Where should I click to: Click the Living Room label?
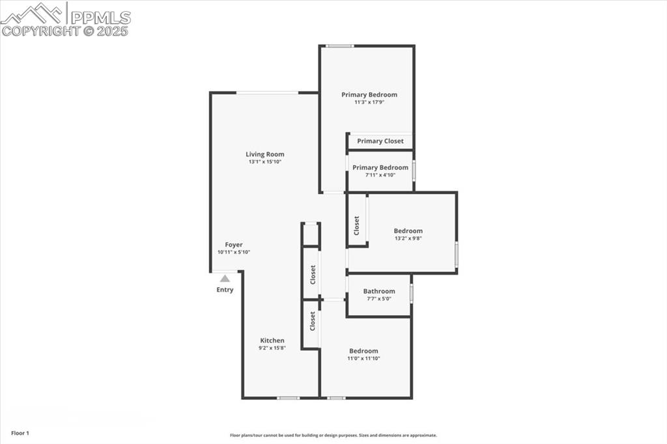point(265,154)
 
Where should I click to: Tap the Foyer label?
point(234,245)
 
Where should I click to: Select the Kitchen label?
point(272,340)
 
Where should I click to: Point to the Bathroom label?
point(379,291)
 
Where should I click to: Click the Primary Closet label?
point(380,141)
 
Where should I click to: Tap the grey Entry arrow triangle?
point(225,278)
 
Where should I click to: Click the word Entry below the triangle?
point(225,290)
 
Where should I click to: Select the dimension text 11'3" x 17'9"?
point(369,102)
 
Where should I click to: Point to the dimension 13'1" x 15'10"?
point(265,162)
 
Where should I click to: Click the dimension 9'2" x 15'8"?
point(272,348)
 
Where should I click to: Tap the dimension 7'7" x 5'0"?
point(379,299)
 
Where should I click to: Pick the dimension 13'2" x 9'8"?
point(408,238)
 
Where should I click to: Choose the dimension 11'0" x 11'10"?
point(363,359)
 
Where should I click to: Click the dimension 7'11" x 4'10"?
point(380,174)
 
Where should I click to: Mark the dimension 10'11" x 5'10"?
point(234,253)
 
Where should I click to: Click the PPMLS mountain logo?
point(33,12)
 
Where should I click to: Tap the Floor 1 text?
point(20,433)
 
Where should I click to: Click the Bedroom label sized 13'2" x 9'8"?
point(408,230)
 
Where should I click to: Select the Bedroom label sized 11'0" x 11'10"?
point(363,351)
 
